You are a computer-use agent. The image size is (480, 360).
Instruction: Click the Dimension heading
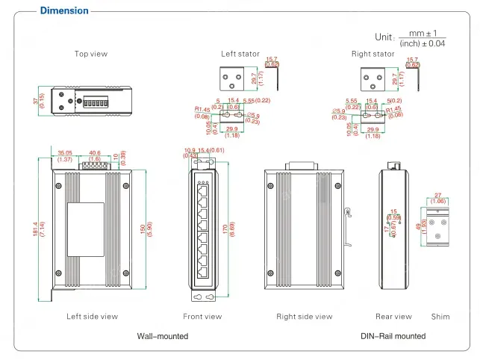pyautogui.click(x=63, y=10)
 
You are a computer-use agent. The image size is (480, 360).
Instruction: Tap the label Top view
pyautogui.click(x=90, y=54)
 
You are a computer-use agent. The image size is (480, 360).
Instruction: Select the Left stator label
pyautogui.click(x=240, y=54)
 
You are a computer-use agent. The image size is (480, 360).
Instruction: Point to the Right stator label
pyautogui.click(x=373, y=54)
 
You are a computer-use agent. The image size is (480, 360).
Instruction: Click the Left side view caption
pyautogui.click(x=92, y=317)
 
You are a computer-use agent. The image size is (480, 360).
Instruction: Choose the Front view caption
pyautogui.click(x=202, y=317)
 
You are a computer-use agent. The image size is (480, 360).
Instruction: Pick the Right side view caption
pyautogui.click(x=304, y=317)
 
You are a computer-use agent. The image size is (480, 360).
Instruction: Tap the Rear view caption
pyautogui.click(x=393, y=317)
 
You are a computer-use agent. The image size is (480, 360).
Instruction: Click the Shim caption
pyautogui.click(x=440, y=317)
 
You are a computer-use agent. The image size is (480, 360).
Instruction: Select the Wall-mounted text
pyautogui.click(x=163, y=337)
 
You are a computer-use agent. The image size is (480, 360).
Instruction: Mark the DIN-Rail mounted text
pyautogui.click(x=393, y=337)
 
